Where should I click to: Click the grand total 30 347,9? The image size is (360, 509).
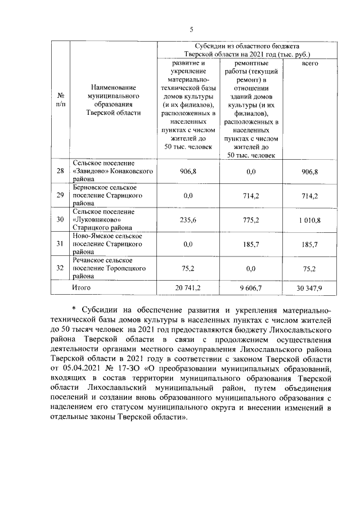tap(309, 287)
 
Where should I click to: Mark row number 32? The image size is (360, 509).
tap(60, 268)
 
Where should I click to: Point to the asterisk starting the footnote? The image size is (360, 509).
tap(74, 309)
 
